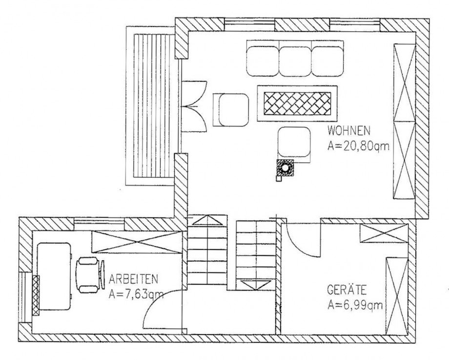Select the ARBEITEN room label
(133, 279)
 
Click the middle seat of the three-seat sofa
(295, 61)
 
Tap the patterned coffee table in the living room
(298, 103)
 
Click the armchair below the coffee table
(295, 143)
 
